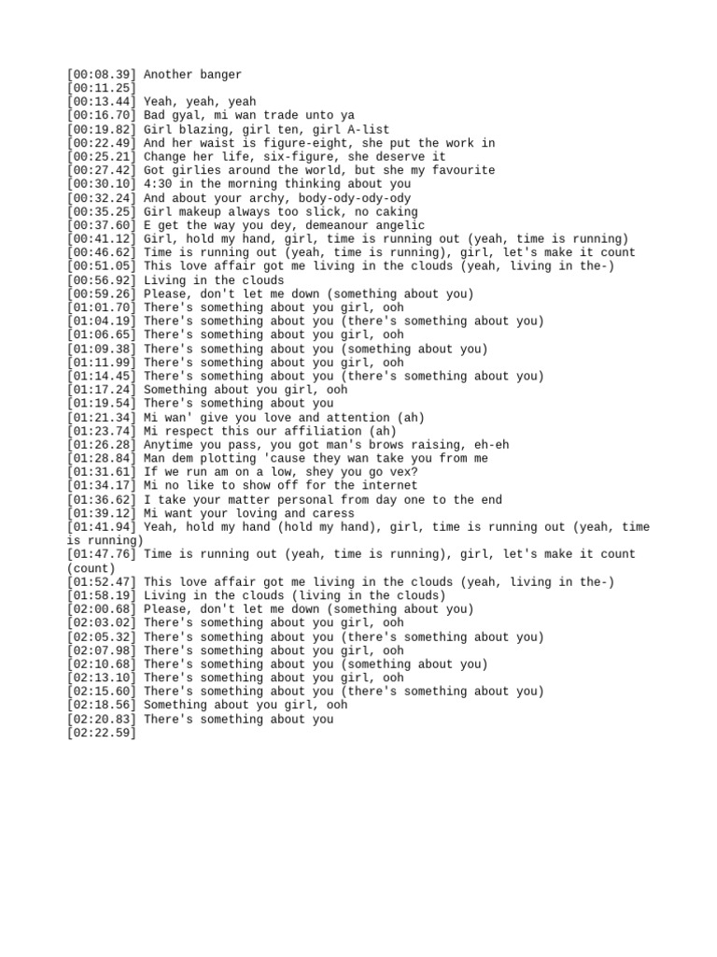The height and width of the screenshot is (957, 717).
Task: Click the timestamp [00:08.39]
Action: (102, 75)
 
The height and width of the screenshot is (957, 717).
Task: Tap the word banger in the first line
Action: (218, 75)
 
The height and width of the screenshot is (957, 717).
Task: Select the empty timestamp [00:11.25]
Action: (102, 88)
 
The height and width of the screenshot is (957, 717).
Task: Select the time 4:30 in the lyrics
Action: (160, 184)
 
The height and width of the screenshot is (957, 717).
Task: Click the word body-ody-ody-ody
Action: (355, 198)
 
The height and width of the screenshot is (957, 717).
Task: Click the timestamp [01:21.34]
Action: (102, 418)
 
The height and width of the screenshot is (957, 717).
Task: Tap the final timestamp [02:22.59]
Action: (102, 734)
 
